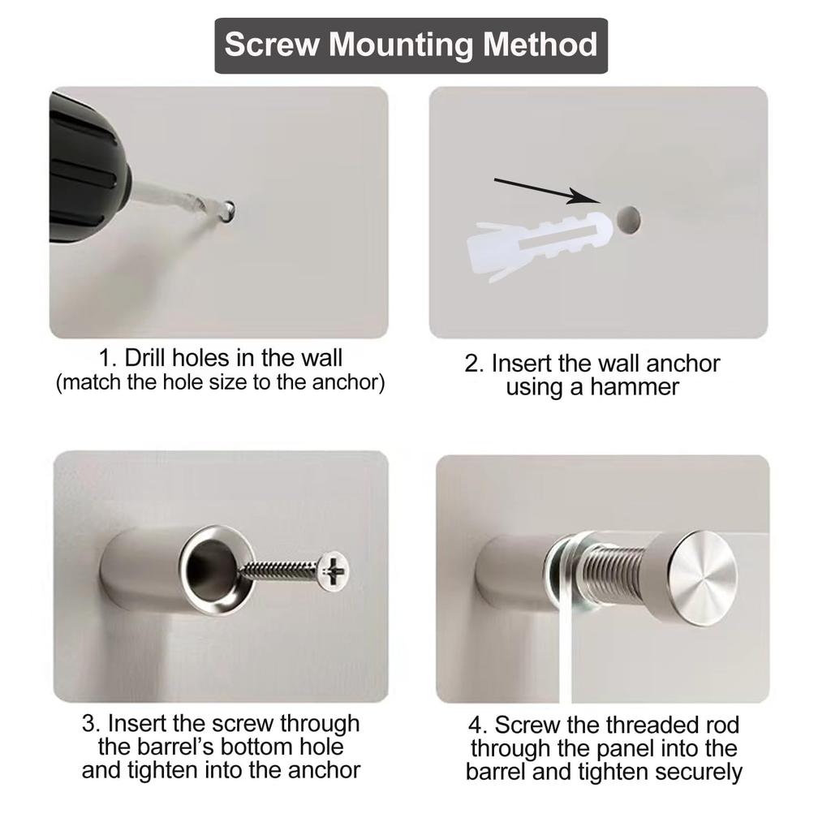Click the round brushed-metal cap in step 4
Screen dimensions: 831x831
[703, 577]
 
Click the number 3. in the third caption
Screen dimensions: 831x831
[92, 722]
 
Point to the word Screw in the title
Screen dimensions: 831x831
[272, 44]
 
